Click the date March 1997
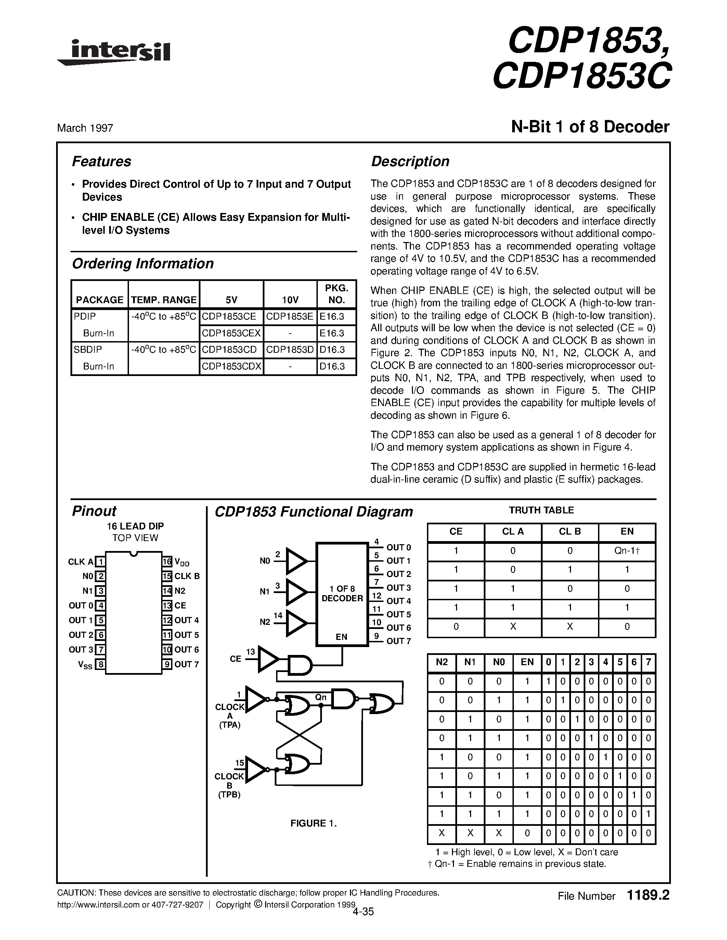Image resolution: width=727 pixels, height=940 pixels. point(85,128)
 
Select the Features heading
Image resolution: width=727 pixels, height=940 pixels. point(101,161)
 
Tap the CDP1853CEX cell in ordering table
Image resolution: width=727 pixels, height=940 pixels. point(231,333)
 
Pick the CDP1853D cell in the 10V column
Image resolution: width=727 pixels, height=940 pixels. point(290,349)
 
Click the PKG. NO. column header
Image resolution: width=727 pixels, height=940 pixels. point(336,294)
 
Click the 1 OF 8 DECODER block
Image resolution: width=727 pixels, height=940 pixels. point(342,594)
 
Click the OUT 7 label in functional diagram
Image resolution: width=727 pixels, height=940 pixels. point(398,641)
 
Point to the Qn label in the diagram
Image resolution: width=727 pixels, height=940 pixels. point(321,697)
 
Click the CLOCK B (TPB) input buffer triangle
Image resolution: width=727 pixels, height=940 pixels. point(256,769)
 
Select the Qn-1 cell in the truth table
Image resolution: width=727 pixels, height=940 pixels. point(627,551)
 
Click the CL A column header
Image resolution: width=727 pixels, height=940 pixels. point(512,532)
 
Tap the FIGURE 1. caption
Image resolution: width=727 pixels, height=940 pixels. point(313,823)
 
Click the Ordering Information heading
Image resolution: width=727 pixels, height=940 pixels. point(143,264)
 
